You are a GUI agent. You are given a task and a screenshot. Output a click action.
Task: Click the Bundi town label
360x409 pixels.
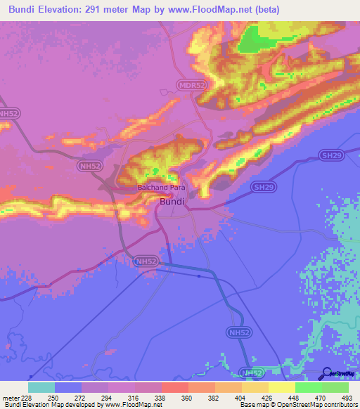click(172, 202)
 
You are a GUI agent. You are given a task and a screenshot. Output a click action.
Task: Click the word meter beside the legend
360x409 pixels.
click(10, 397)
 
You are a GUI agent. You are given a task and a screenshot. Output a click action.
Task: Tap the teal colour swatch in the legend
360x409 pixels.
click(41, 387)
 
